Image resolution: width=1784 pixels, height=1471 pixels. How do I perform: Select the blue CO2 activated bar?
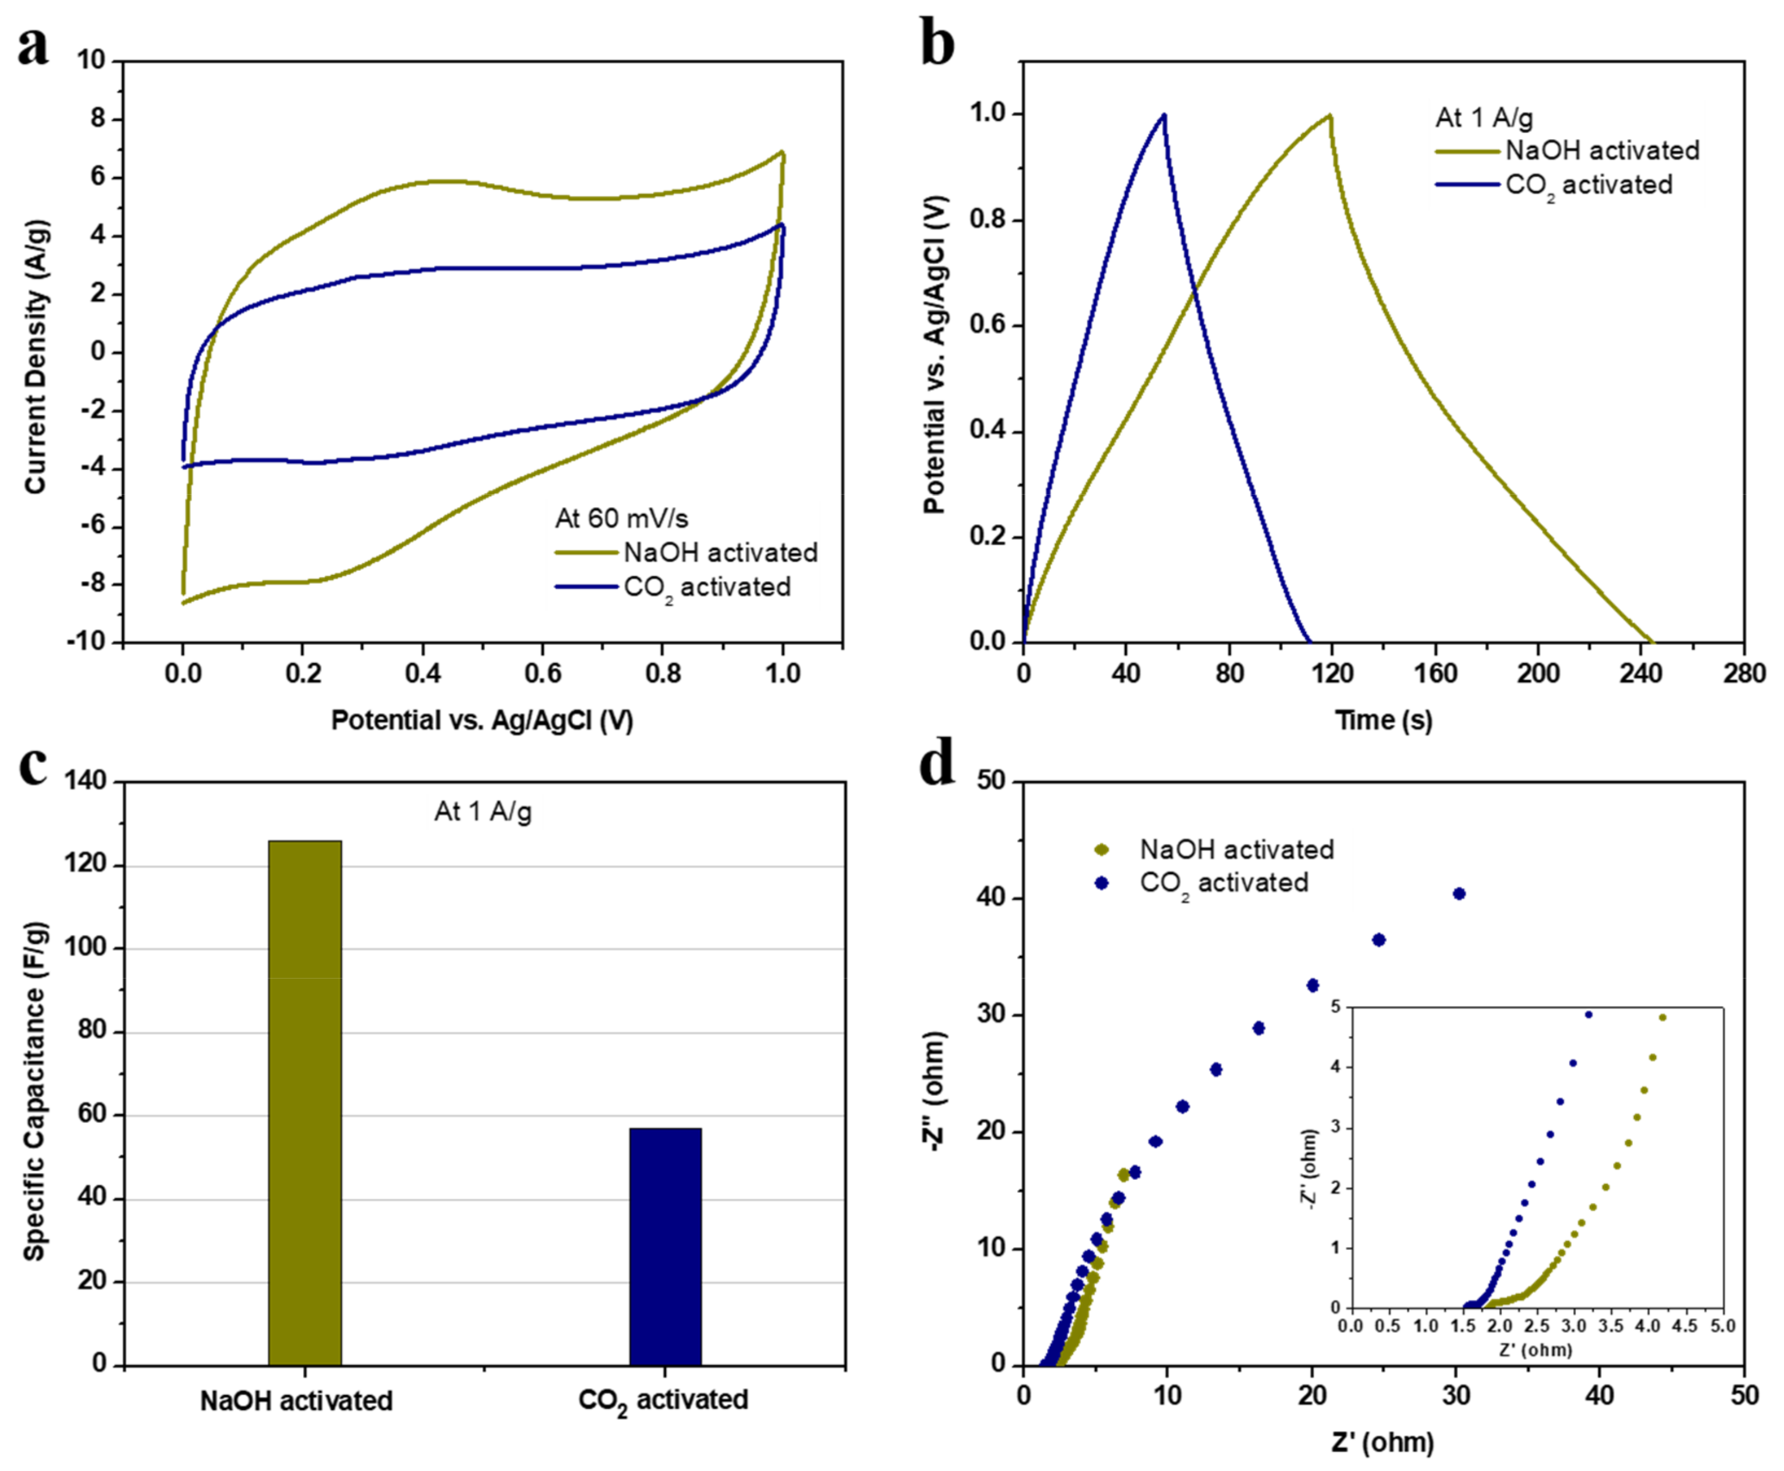click(665, 1245)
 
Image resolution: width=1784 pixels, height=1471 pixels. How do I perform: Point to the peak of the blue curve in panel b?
click(1165, 115)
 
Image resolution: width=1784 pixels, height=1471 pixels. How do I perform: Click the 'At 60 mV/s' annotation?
click(622, 518)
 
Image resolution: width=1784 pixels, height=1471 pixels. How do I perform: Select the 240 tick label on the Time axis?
click(1641, 673)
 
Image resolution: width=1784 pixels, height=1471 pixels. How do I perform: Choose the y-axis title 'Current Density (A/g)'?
click(35, 357)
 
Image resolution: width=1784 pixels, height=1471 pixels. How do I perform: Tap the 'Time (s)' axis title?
click(1383, 720)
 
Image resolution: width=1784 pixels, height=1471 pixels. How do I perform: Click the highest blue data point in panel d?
click(1459, 893)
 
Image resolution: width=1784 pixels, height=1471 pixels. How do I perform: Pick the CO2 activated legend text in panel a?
click(707, 587)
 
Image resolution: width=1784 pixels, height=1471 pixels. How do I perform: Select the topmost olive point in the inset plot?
click(1662, 1018)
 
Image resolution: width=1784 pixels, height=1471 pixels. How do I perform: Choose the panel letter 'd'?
click(937, 764)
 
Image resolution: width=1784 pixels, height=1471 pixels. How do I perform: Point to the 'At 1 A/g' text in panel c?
click(483, 811)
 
